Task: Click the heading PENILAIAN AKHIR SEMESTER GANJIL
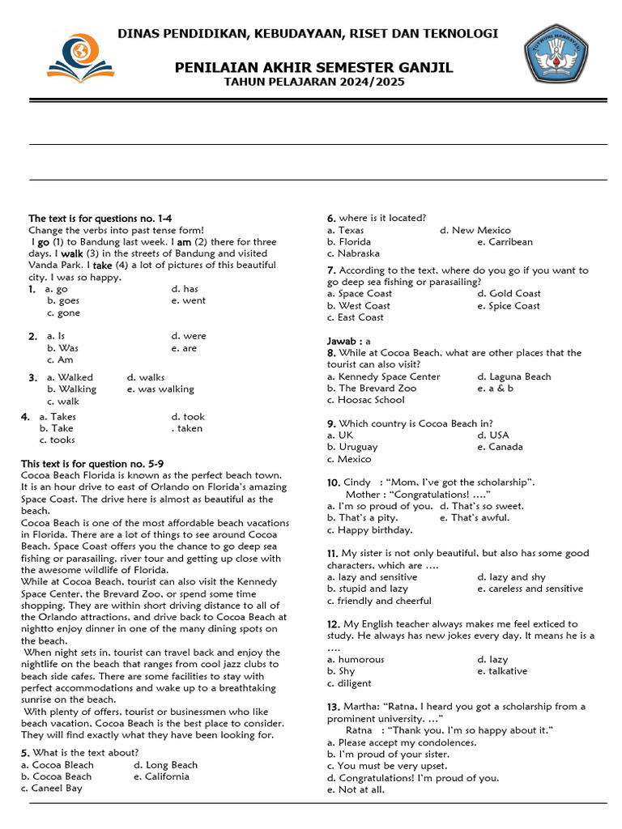313,67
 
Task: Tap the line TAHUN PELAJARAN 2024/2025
313,82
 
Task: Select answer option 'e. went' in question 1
188,300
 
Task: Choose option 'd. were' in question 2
188,336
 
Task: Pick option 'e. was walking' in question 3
160,389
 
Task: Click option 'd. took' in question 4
188,417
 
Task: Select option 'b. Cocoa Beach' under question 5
57,776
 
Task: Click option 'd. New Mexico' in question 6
475,230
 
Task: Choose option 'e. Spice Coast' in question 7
508,305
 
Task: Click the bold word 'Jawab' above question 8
341,342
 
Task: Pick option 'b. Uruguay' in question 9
352,447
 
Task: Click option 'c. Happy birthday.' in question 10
369,530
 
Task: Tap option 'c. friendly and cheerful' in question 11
379,601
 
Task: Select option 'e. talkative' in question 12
501,671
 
